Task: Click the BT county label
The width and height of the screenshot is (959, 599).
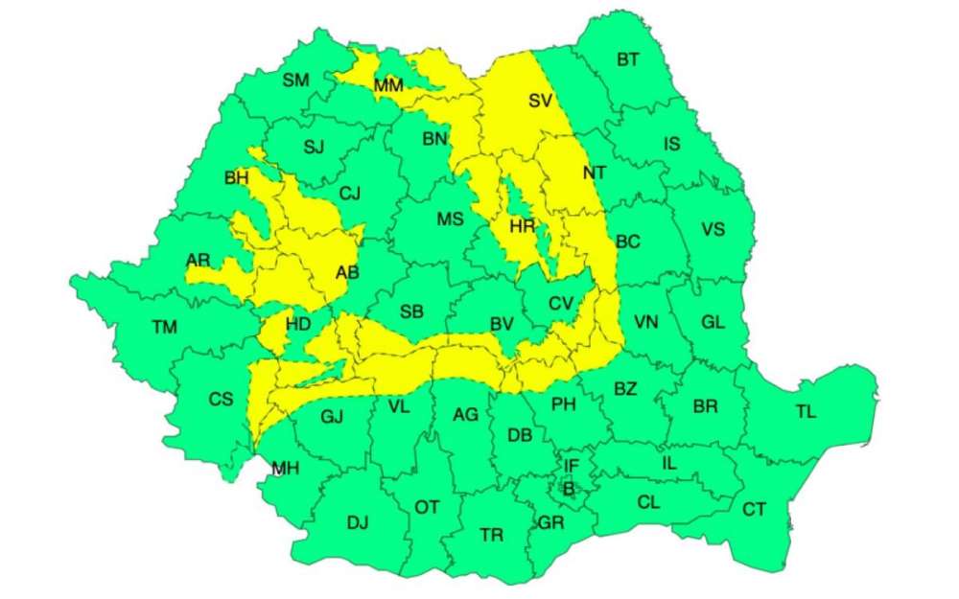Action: coord(627,60)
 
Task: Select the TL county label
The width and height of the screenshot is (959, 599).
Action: coord(806,412)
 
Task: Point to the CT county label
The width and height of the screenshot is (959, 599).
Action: coord(754,509)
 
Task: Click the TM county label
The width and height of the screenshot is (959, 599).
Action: coord(164,328)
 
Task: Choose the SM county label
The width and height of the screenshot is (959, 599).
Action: coord(295,81)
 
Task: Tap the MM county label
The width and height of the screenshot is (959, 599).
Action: coord(388,86)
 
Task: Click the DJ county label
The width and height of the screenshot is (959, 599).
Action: coord(357,522)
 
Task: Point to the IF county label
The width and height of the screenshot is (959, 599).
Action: coord(571,467)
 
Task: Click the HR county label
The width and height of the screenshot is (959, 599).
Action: coord(523,226)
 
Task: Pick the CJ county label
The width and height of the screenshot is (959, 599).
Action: coord(350,194)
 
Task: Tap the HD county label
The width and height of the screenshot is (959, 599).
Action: coord(298,324)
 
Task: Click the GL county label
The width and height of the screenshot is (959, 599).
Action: coord(713,322)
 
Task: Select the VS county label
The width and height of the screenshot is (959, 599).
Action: coord(713,230)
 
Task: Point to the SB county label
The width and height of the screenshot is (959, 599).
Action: coord(411,311)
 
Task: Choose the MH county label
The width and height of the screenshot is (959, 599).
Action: coord(285,469)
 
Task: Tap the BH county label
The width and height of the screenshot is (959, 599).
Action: coord(236,178)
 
